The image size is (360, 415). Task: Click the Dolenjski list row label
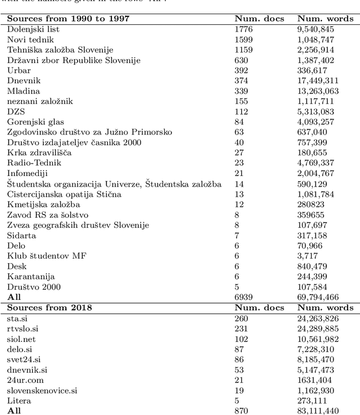[x=33, y=29]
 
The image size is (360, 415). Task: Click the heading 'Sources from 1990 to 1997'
[x=68, y=19]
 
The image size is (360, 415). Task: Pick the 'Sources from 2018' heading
[x=49, y=307]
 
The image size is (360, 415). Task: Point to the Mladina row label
[x=24, y=91]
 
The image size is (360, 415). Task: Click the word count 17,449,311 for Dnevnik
[x=320, y=80]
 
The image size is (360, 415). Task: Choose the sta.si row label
[x=18, y=318]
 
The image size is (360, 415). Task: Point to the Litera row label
[x=19, y=400]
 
